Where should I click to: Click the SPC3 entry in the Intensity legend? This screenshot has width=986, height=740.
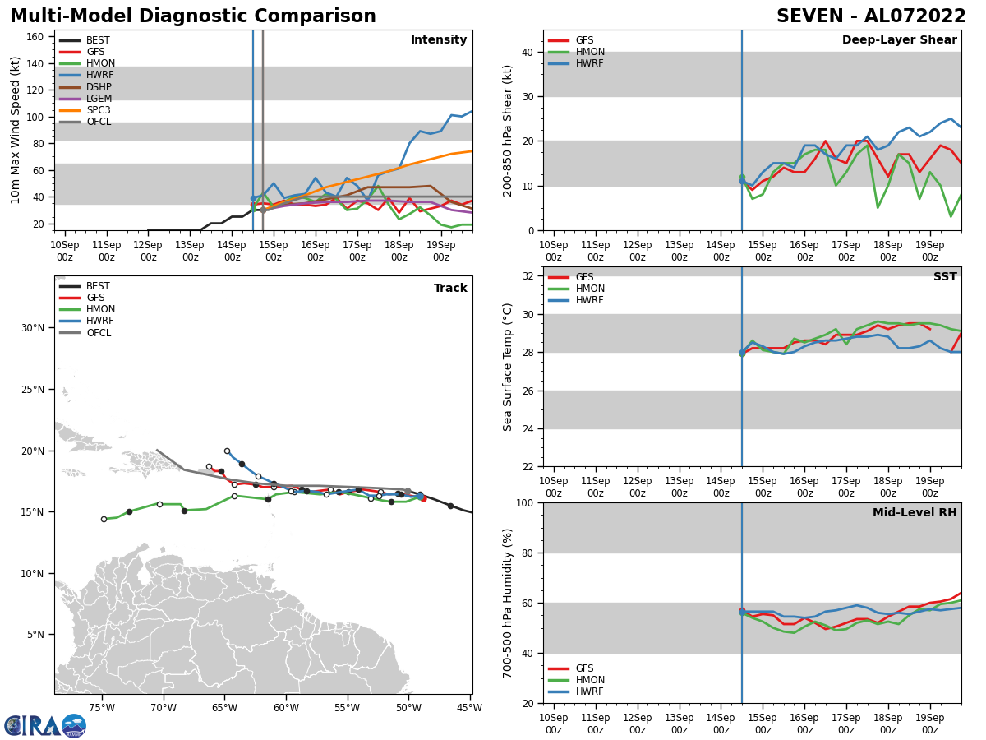(x=98, y=110)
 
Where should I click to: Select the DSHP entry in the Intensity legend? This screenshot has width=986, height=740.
(x=98, y=87)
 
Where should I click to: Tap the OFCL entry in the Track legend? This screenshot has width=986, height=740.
(x=98, y=333)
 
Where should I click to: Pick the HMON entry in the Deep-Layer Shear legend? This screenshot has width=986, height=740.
(x=590, y=52)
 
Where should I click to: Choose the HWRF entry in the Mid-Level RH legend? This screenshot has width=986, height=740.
(x=590, y=691)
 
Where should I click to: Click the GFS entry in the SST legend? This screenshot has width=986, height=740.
(x=583, y=277)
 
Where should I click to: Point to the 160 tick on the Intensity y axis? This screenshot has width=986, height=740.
(x=36, y=37)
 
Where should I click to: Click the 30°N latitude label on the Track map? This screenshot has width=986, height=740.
(x=32, y=328)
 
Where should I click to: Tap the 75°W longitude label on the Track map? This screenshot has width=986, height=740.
(x=102, y=707)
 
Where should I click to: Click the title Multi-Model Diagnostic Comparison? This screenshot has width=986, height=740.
(x=193, y=16)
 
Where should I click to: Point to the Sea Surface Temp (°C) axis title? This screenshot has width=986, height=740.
(x=509, y=367)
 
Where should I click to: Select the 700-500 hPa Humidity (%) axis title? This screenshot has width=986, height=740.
(x=509, y=603)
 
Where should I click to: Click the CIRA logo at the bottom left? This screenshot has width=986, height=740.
(x=44, y=726)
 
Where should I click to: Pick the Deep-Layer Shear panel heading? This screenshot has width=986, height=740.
(x=899, y=40)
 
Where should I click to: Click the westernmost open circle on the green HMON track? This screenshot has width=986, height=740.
(x=104, y=519)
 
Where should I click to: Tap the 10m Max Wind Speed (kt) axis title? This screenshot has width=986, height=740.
(x=16, y=130)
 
